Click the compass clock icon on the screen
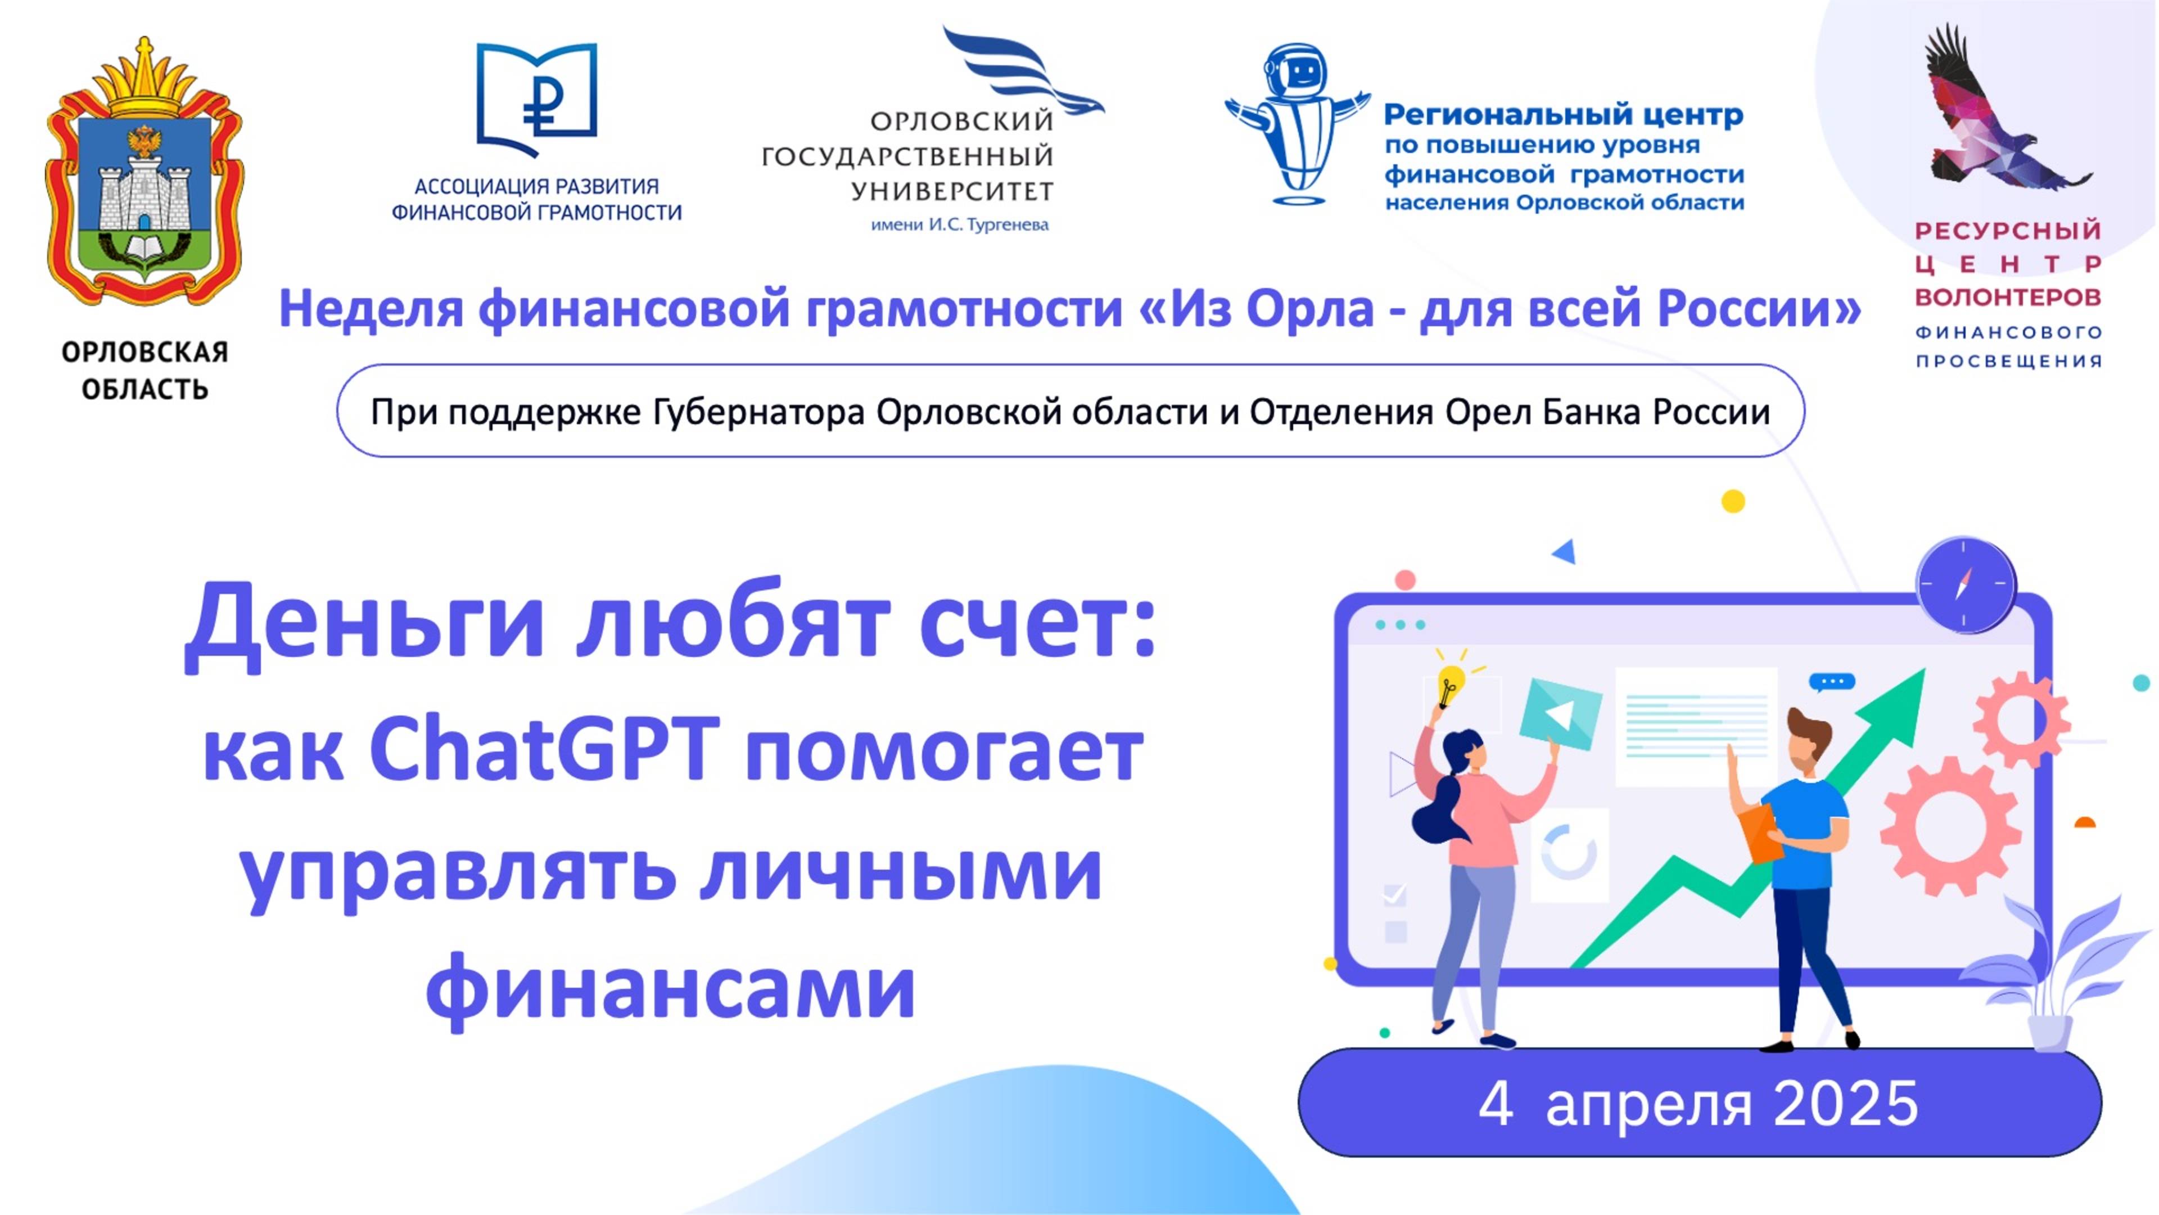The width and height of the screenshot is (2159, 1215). pos(1966,584)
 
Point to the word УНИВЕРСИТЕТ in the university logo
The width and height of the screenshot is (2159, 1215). pos(952,192)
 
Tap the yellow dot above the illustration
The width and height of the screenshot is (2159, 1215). pos(1733,501)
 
